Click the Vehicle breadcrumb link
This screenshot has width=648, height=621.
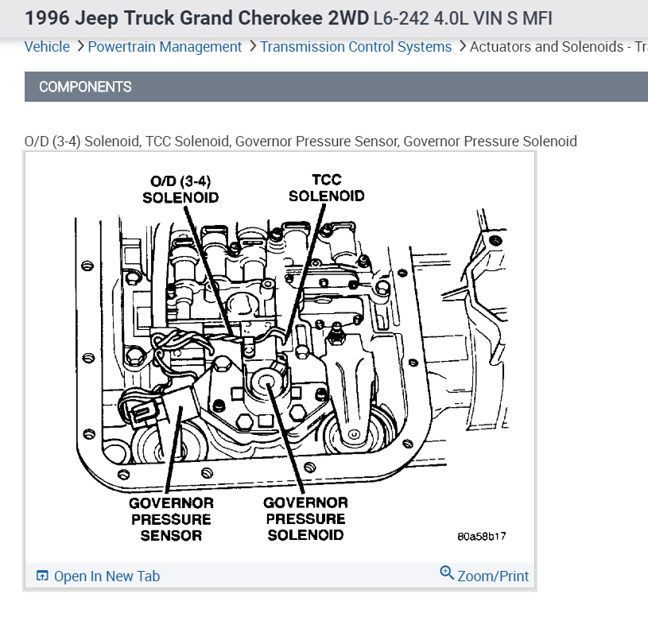point(47,47)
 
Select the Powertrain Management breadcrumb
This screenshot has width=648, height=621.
point(165,47)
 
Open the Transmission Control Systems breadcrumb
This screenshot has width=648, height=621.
point(355,47)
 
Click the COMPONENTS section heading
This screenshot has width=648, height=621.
point(85,87)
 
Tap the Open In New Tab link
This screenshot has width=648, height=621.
point(107,576)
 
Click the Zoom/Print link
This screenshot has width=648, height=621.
point(493,576)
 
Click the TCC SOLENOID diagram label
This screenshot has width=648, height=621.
point(326,188)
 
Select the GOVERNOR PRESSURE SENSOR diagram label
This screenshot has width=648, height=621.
point(171,519)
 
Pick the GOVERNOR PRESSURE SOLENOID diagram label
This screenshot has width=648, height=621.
point(305,518)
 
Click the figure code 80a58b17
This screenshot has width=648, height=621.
point(481,536)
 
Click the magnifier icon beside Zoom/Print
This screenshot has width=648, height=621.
point(447,574)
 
